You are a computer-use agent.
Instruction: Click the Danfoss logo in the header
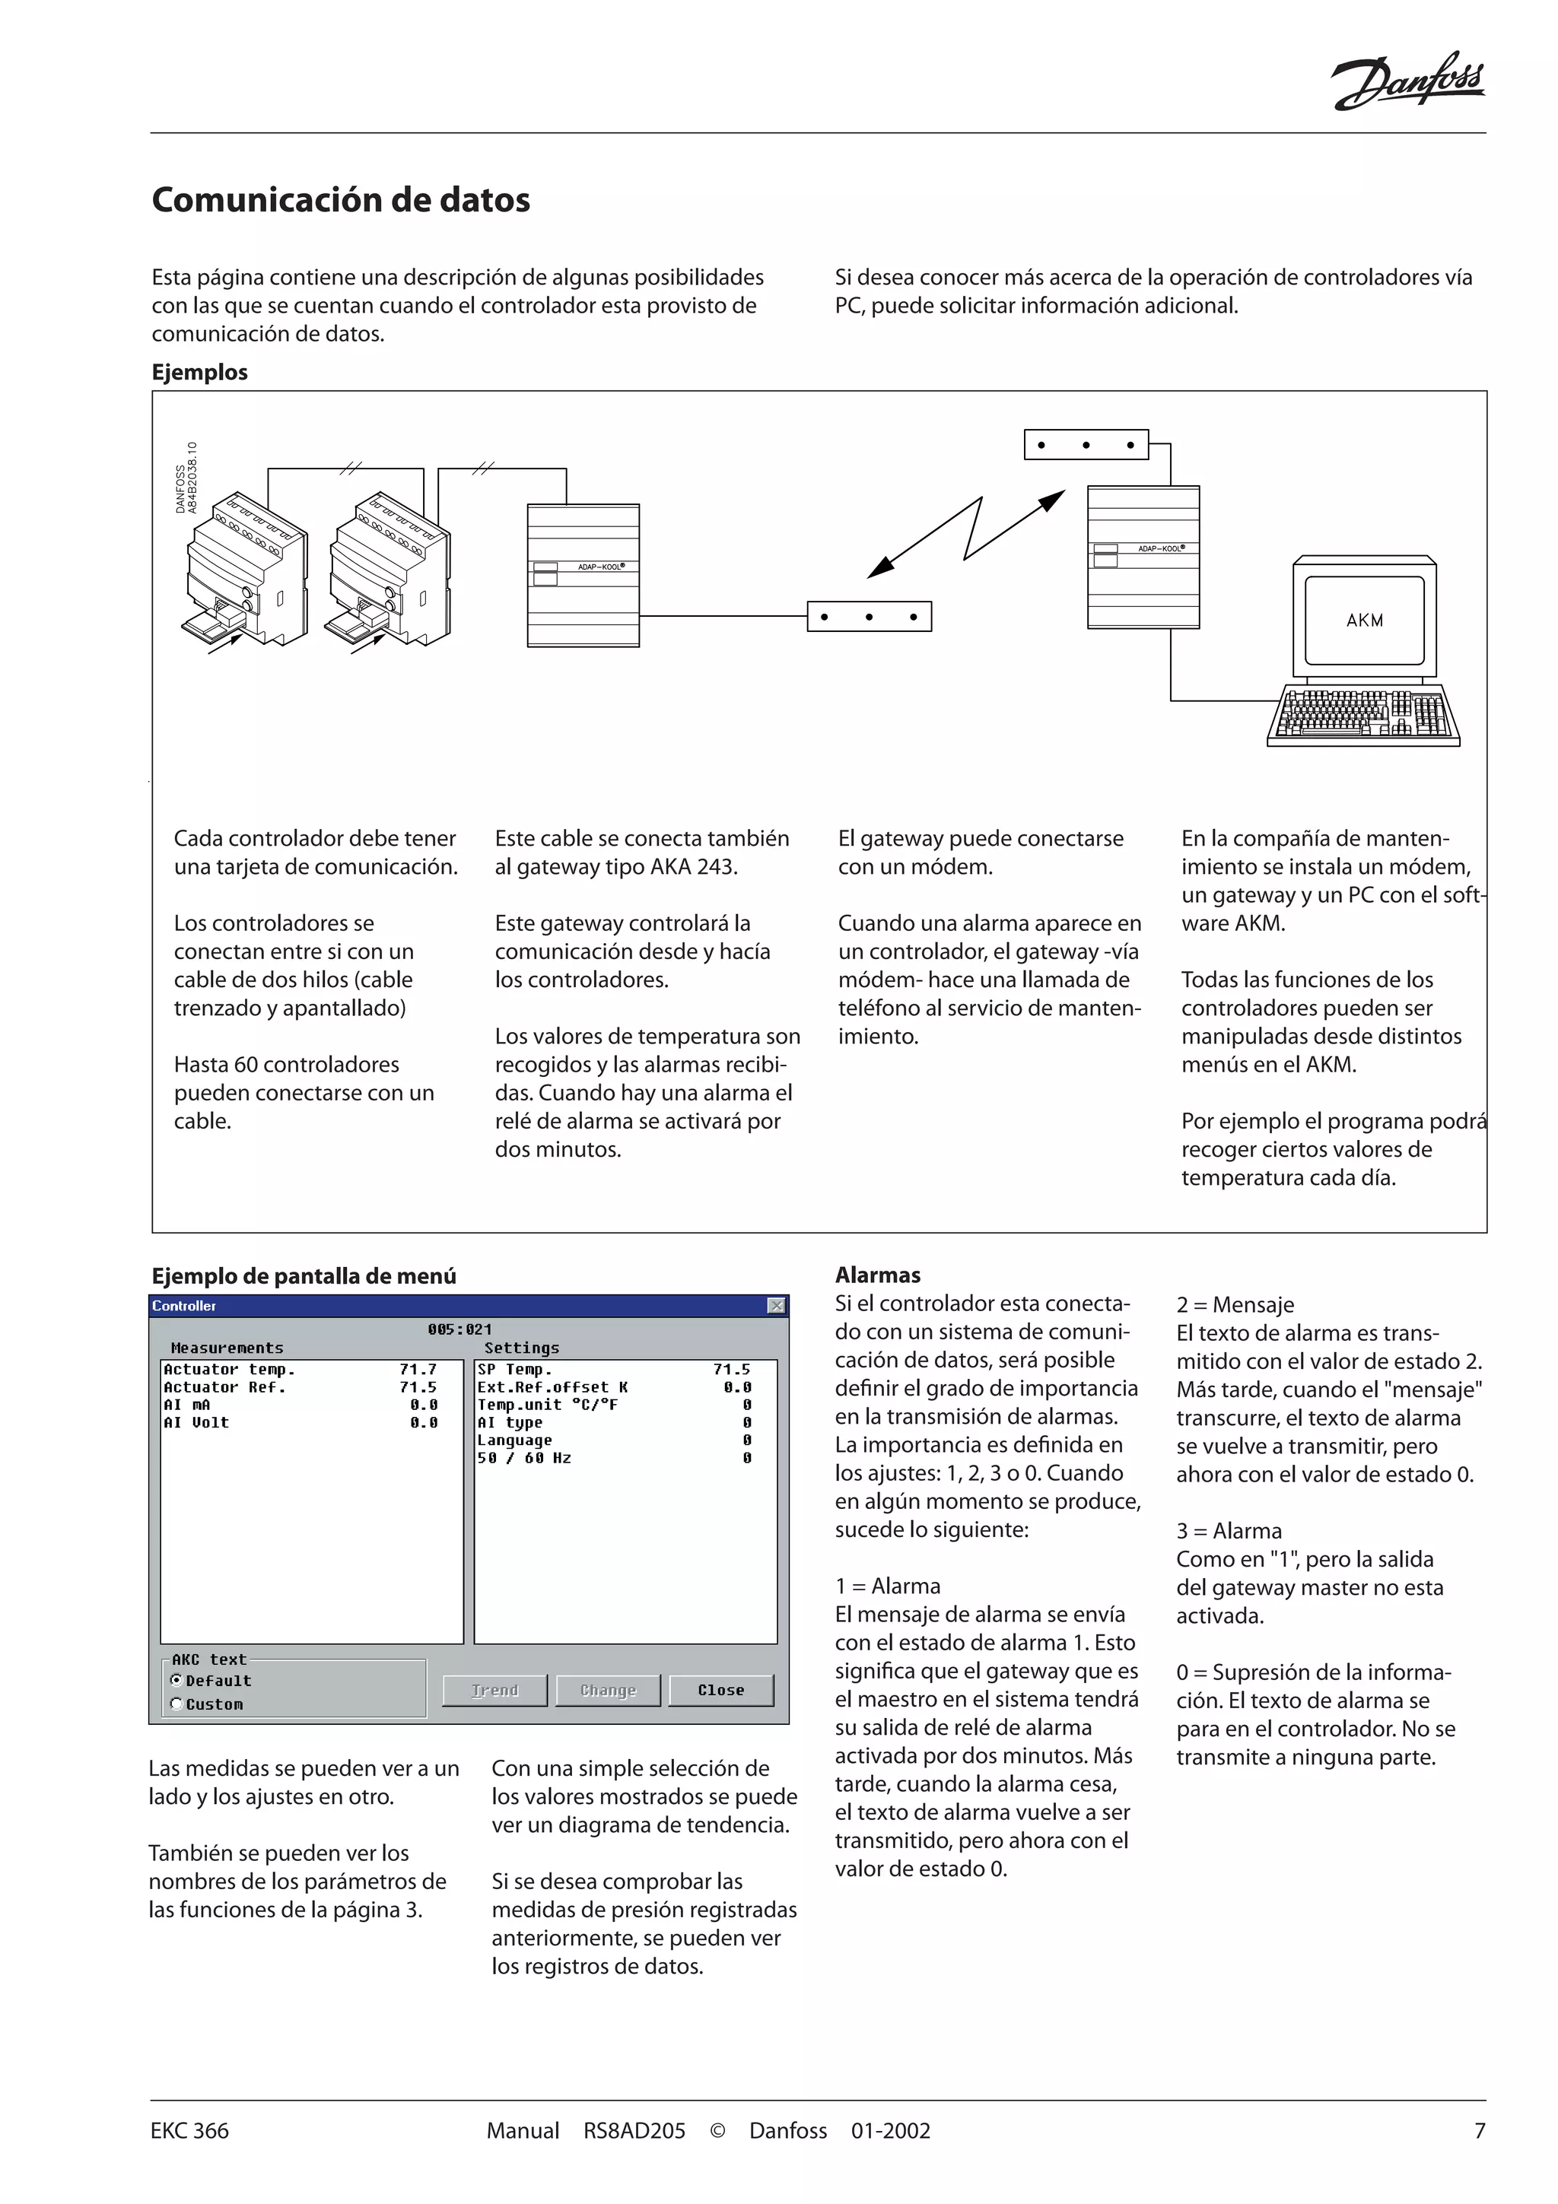[x=1407, y=81]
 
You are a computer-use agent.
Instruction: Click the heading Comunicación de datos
[x=341, y=200]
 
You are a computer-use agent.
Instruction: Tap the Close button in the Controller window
[x=721, y=1691]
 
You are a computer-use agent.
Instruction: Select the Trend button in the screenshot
[x=494, y=1691]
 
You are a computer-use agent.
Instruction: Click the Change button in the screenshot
[x=608, y=1691]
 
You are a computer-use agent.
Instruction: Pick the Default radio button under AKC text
[x=176, y=1680]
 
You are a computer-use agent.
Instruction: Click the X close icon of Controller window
[x=776, y=1306]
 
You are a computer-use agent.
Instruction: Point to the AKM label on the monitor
[x=1364, y=620]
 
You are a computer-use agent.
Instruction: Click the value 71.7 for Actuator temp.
[x=418, y=1370]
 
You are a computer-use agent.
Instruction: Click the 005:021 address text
[x=459, y=1329]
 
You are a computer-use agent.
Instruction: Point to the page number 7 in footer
[x=1480, y=2131]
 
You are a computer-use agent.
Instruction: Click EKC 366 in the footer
[x=190, y=2131]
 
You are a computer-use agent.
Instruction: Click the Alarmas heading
[x=877, y=1275]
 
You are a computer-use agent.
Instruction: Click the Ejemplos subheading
[x=199, y=373]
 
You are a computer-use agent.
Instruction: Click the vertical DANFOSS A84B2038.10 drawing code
[x=186, y=478]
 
